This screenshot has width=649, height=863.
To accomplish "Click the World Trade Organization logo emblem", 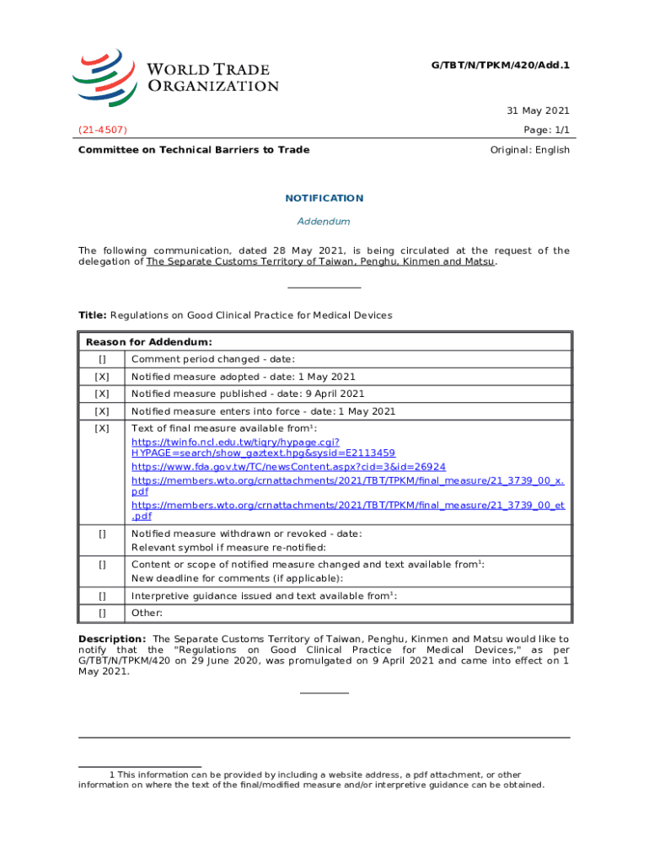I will coord(105,77).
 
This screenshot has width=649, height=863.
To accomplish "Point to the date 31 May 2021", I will coord(538,111).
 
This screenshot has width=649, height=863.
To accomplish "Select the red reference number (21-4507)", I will coord(103,130).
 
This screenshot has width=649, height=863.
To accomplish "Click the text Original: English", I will coord(529,150).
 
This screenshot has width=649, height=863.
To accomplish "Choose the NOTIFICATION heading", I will coord(324,198).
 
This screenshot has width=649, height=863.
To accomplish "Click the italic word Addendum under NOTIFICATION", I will coord(324,222).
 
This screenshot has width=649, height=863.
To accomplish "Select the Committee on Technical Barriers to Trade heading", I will coord(194,150).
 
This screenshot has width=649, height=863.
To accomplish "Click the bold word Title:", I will coord(92,315).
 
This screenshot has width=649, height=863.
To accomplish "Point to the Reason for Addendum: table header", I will coord(148,342).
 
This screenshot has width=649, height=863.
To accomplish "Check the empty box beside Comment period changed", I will coord(102,360).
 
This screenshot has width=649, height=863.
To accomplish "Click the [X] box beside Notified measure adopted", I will coord(102,377).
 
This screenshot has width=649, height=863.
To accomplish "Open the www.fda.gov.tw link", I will coord(289,466).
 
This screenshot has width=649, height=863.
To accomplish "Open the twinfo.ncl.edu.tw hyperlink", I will coord(236,441).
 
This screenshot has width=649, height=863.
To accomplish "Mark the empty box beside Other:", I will coord(102,613).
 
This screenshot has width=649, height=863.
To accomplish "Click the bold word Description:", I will coord(112,639).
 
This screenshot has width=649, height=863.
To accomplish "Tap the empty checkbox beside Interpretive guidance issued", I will coord(102,596).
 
